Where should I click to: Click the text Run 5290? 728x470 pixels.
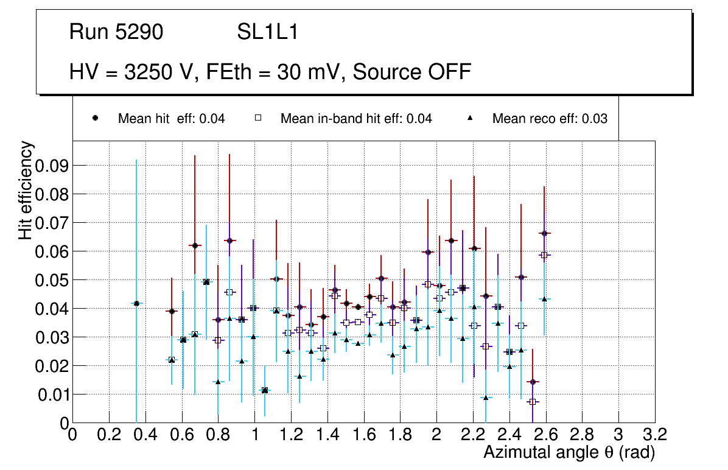point(116,32)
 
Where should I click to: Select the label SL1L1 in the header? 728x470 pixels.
point(267,32)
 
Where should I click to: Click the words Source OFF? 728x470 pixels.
point(412,72)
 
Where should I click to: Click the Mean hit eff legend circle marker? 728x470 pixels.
point(96,119)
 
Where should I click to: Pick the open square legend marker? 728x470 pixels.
point(258,119)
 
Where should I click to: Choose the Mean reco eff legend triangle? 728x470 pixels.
point(470,119)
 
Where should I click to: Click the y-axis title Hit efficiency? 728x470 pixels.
point(26,190)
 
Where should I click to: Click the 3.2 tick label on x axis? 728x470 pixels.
point(654,434)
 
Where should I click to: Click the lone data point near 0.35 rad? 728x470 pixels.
point(136,303)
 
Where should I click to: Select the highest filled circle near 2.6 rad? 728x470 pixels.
point(544,233)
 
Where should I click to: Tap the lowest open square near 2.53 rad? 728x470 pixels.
point(533,402)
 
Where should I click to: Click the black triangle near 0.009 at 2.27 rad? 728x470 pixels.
point(486,398)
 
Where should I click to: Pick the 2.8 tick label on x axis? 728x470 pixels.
point(582,434)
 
